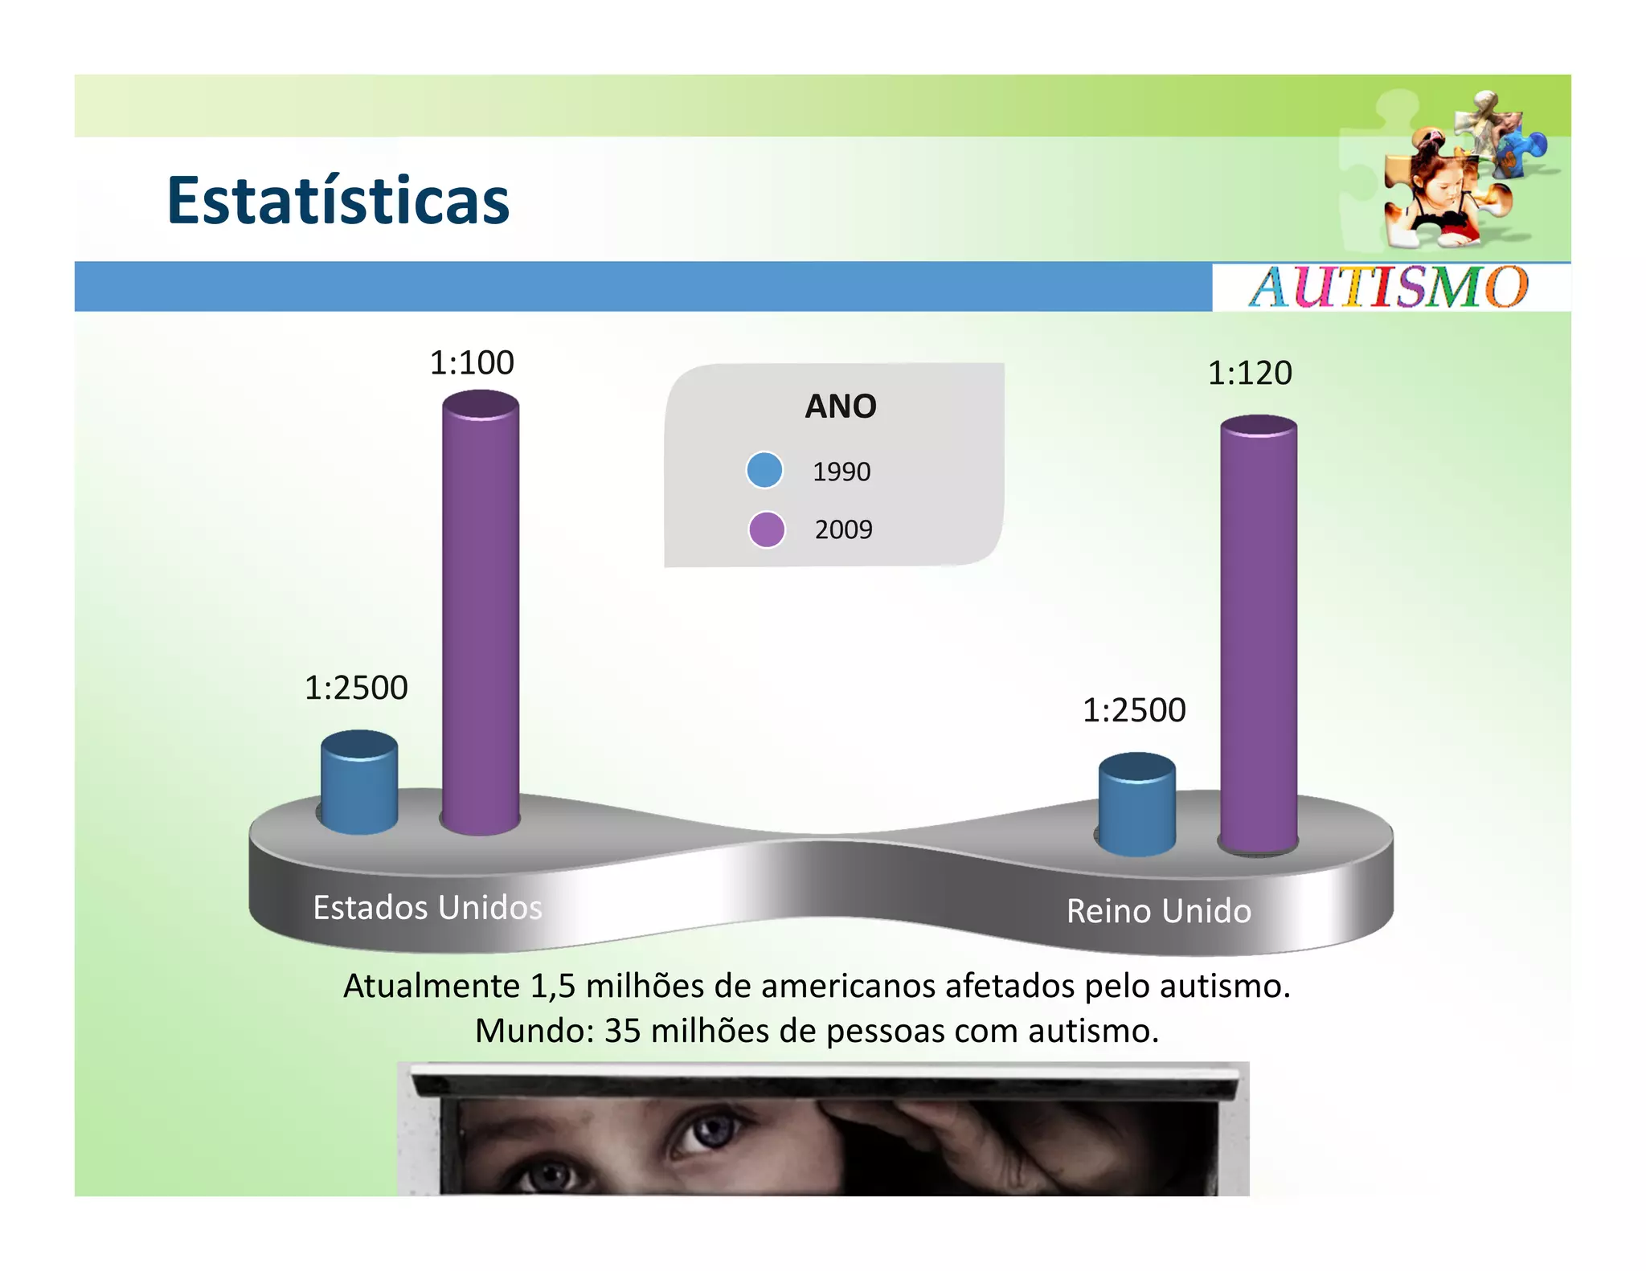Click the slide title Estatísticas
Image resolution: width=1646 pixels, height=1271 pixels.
(338, 200)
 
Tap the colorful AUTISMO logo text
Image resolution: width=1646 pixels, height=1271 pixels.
(1388, 287)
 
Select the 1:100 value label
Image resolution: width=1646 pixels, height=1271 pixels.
(472, 363)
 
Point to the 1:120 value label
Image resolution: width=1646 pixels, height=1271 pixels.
(1250, 374)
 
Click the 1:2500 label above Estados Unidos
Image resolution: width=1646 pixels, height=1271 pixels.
(356, 688)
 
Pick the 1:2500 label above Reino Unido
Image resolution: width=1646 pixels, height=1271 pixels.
(1134, 710)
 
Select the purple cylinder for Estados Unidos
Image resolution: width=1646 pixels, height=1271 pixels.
(481, 611)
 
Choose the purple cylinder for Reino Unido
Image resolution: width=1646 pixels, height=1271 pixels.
(1259, 635)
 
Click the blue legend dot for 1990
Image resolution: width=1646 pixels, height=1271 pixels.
(764, 470)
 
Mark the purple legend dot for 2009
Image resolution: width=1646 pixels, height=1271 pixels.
(767, 529)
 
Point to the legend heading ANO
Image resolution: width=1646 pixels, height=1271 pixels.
(841, 407)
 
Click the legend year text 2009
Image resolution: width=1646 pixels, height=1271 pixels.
(843, 529)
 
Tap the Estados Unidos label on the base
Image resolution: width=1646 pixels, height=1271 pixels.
(428, 908)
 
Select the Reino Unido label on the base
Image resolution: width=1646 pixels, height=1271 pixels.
(1159, 911)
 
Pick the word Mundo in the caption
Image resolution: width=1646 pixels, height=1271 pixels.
(530, 1031)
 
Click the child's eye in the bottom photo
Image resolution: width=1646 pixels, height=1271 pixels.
(699, 1133)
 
